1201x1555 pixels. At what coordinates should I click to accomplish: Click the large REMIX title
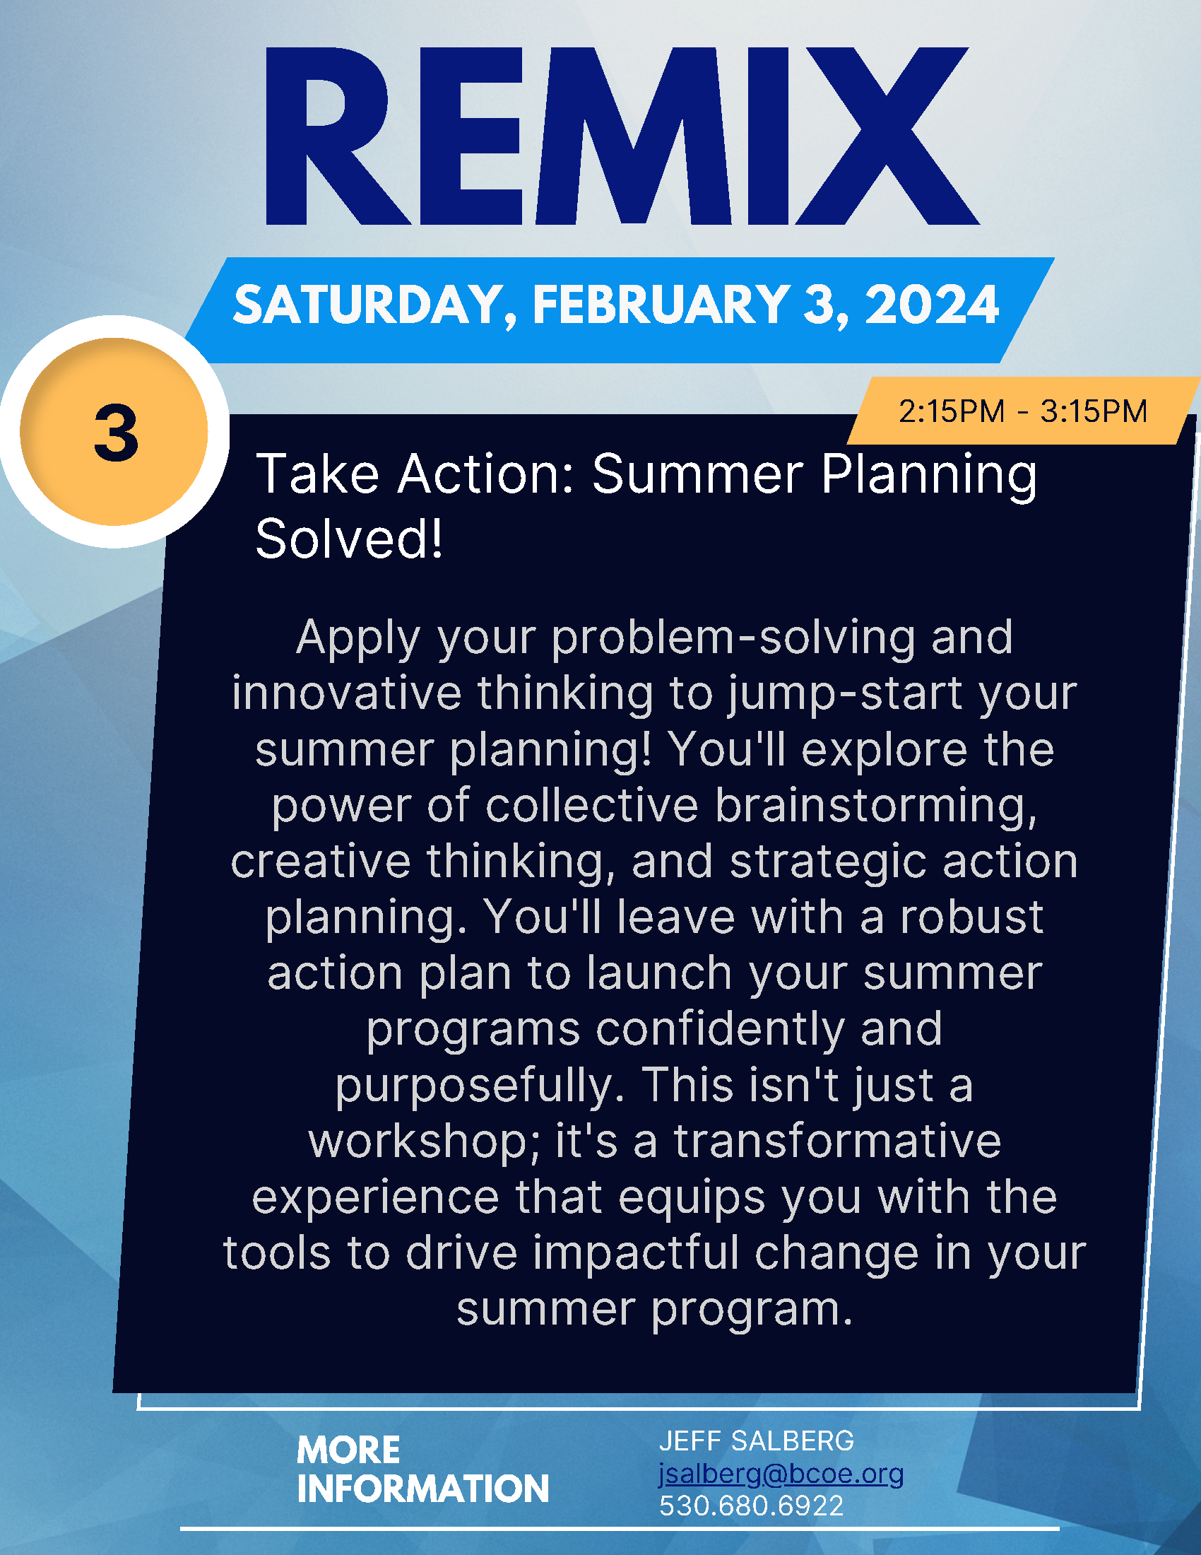coord(622,136)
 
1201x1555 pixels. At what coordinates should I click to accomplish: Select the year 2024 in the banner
coord(932,305)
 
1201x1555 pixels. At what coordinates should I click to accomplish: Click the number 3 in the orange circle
coord(115,433)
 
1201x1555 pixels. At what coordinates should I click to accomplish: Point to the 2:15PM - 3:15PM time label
coord(1023,411)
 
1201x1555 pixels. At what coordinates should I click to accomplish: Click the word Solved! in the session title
coord(348,539)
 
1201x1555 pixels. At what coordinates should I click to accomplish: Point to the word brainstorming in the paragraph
coord(875,806)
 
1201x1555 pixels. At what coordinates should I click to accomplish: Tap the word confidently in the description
coord(719,1030)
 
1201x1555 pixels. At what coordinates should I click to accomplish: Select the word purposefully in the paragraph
coord(480,1086)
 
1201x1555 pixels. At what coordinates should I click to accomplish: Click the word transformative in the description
coord(837,1141)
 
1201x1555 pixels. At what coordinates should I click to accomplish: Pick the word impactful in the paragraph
coord(636,1253)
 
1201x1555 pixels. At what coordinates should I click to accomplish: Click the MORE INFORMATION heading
coord(422,1469)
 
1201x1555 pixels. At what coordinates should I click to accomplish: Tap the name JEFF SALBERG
coord(757,1440)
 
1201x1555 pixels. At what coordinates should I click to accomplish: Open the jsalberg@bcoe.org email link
coord(781,1473)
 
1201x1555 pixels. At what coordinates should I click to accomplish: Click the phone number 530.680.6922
coord(752,1505)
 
